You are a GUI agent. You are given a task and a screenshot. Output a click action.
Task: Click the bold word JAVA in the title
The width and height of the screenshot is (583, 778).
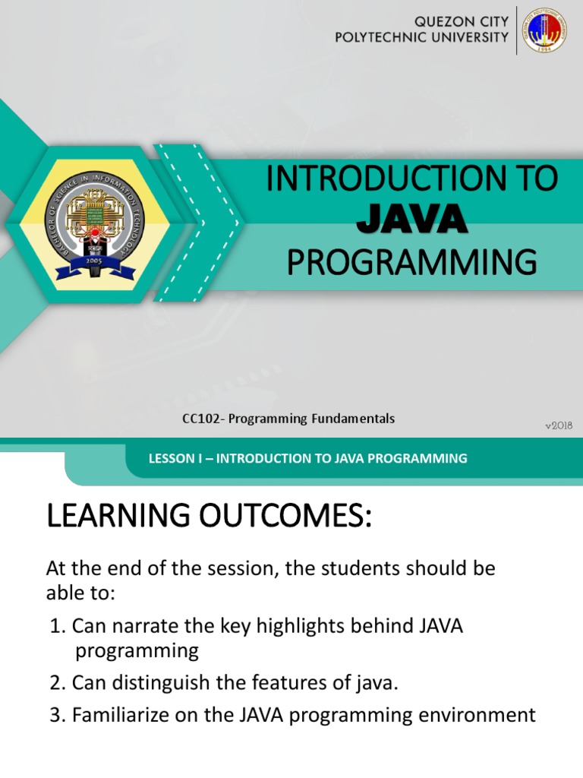(x=411, y=220)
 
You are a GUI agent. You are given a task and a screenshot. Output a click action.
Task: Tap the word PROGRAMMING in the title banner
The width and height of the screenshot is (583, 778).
(x=411, y=262)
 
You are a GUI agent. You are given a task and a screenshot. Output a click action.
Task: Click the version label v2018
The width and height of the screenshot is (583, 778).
(x=558, y=425)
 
